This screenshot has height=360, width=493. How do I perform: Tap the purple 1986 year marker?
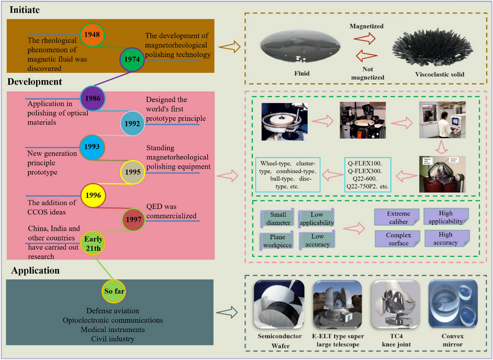coord(92,98)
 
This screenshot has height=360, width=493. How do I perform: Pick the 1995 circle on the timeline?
coord(132,171)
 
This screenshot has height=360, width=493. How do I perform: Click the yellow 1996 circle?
coord(93,195)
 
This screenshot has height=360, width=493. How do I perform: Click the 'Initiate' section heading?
coord(25,10)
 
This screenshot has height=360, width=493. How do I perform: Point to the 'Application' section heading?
coord(35,270)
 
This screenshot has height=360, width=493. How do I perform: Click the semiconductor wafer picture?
coord(278,305)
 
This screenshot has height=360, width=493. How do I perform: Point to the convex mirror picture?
coord(453,305)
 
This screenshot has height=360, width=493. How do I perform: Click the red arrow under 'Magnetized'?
coord(364,38)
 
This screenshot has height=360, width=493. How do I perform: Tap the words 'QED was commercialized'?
coord(172,211)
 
